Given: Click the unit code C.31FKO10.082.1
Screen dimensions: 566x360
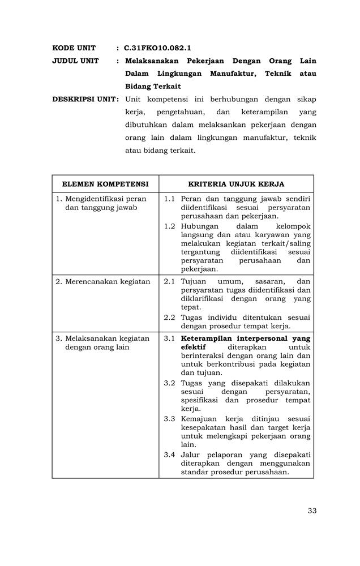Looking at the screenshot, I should [x=157, y=48].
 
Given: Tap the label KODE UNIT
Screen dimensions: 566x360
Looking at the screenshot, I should [x=74, y=48].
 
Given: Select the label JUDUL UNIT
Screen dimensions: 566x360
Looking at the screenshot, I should [x=76, y=61].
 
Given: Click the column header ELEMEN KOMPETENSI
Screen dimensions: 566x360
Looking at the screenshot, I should [x=105, y=184].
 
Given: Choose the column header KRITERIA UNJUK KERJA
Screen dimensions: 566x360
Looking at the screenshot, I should [x=236, y=184].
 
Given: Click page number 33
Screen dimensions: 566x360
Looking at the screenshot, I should [x=312, y=511].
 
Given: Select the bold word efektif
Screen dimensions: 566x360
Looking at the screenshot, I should [x=194, y=347].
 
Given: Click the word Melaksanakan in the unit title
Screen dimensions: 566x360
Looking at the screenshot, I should [x=154, y=61].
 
